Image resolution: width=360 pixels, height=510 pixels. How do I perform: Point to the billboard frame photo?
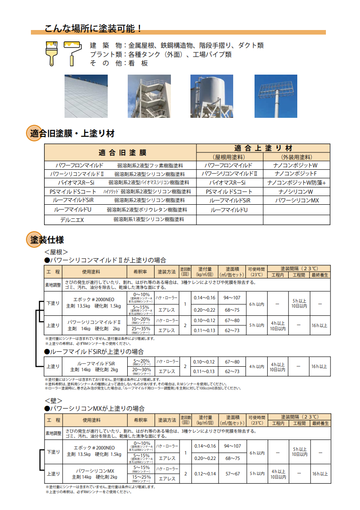tap(276, 96)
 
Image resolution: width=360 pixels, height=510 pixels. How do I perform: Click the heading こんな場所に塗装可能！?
tap(93, 28)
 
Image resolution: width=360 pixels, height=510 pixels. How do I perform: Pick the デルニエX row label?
tap(72, 220)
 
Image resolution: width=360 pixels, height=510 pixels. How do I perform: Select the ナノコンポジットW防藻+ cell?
tap(297, 183)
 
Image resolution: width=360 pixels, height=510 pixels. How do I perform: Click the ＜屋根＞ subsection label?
tap(56, 252)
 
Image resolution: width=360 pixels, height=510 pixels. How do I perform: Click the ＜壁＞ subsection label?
tap(53, 400)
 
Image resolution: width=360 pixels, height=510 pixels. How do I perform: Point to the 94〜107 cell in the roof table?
tap(232, 298)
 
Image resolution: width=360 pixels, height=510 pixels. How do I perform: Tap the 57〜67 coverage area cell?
tap(232, 474)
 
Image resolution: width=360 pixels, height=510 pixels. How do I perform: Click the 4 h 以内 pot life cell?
tap(256, 366)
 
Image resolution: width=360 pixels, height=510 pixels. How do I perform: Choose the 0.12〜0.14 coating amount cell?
tap(205, 474)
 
